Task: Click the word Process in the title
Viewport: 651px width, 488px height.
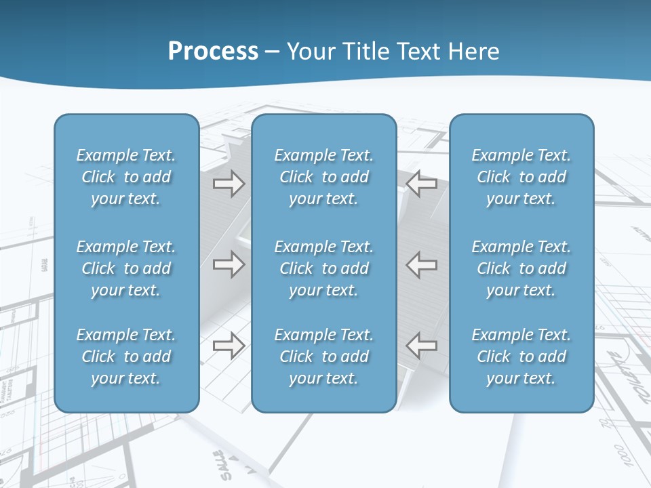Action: (213, 52)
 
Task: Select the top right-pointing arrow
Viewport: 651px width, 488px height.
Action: (229, 183)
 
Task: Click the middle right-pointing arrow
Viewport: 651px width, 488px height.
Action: (229, 264)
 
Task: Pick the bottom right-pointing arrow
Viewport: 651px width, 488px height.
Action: (229, 346)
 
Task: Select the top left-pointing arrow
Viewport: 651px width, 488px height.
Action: (421, 183)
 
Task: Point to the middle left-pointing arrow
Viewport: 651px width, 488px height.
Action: (421, 264)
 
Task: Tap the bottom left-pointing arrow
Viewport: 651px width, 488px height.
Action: (421, 346)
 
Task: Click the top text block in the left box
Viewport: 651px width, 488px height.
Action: (126, 177)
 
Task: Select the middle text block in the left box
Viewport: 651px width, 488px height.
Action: (126, 268)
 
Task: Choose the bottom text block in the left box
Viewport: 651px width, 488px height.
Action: (126, 357)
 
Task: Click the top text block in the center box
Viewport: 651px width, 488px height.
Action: (323, 177)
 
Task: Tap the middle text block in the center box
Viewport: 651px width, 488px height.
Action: (323, 268)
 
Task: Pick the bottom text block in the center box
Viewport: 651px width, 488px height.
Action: (323, 357)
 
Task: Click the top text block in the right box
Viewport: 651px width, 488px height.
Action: (521, 177)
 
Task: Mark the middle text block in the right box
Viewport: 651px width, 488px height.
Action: (521, 268)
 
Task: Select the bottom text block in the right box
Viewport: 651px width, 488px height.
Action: (521, 357)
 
